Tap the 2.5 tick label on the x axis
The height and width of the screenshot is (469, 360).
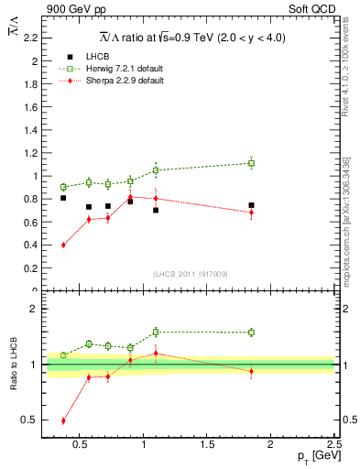pos(333,446)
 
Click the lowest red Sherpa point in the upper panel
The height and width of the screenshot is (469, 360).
pos(63,245)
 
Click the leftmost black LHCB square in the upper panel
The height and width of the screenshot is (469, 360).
pos(63,198)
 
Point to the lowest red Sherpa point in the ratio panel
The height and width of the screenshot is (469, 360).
pos(63,420)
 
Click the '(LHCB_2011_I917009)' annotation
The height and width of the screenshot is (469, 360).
pos(190,273)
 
